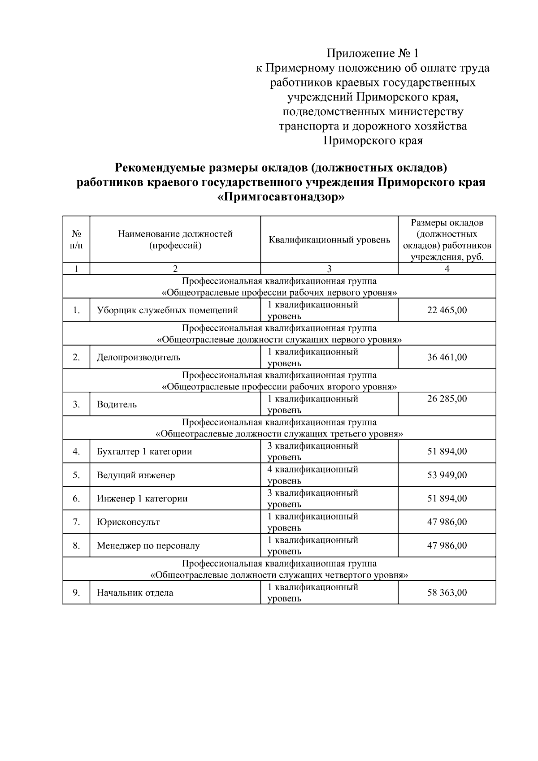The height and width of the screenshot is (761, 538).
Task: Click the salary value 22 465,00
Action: click(447, 310)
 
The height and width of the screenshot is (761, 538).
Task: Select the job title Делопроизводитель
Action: click(139, 357)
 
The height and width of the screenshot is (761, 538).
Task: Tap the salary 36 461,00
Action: click(447, 357)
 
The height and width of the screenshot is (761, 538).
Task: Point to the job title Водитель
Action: click(117, 404)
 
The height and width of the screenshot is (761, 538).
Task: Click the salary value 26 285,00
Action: click(447, 398)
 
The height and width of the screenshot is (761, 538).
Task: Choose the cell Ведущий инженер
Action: click(136, 475)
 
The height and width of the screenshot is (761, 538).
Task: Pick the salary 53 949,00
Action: click(447, 475)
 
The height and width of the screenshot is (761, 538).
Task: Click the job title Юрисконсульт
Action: click(128, 522)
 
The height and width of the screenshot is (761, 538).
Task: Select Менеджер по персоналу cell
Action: click(148, 546)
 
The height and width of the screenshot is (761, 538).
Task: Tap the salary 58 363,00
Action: click(447, 592)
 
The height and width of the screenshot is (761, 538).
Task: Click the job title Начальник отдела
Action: click(135, 592)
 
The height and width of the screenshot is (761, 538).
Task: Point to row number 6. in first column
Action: click(76, 498)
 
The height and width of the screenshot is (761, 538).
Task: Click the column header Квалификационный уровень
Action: click(329, 240)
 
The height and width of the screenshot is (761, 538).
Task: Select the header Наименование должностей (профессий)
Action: click(175, 240)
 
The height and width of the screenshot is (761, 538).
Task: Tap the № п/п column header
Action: click(76, 240)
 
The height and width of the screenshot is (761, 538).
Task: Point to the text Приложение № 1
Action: click(373, 54)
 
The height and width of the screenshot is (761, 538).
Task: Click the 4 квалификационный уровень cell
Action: click(312, 475)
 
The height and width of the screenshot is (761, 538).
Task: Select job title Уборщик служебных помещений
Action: click(167, 310)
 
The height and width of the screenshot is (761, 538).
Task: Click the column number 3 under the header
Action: click(329, 269)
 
